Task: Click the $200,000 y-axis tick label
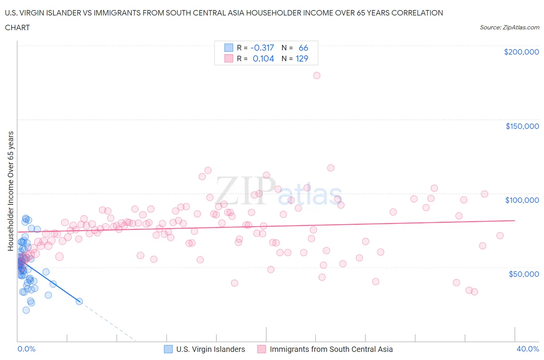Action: point(521,52)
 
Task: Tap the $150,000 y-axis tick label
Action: point(522,126)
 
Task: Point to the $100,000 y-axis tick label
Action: point(522,200)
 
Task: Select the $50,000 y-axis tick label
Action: point(523,274)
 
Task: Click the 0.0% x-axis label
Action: point(26,349)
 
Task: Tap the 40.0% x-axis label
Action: point(528,349)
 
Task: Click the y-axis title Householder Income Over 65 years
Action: point(11,191)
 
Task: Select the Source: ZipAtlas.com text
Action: point(509,27)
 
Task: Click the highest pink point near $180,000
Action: point(316,75)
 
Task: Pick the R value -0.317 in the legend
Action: point(262,48)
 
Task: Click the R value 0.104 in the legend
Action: point(263,58)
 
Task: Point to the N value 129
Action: point(302,58)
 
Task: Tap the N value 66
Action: point(303,48)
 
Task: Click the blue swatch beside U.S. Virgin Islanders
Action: point(168,349)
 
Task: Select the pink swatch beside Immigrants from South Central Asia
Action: point(262,349)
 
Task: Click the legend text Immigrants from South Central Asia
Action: point(331,349)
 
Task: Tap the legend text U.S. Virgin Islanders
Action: point(210,349)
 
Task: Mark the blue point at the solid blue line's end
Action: point(79,301)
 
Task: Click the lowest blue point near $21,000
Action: point(26,310)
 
